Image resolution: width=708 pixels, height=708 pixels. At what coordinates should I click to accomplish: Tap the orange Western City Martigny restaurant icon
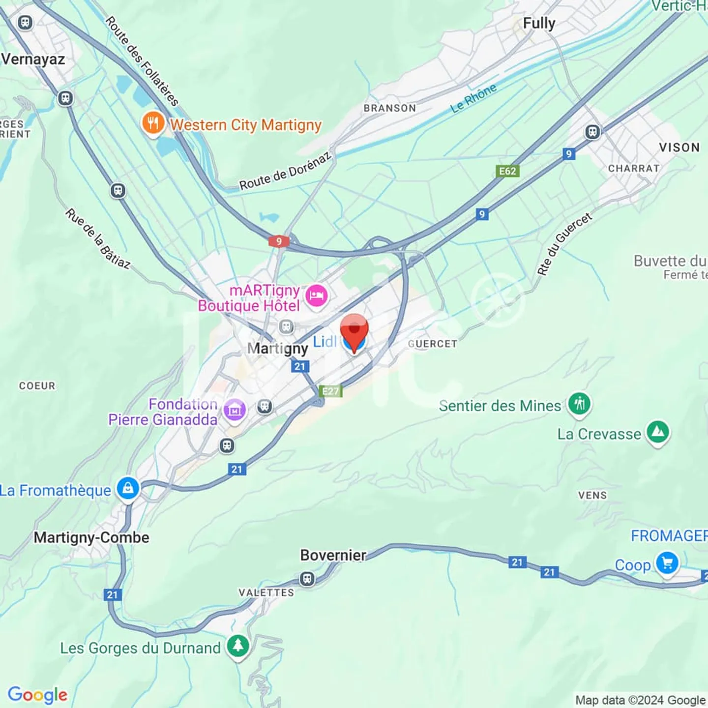pos(153,123)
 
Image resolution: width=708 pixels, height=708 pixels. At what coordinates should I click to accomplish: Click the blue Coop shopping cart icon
pos(667,563)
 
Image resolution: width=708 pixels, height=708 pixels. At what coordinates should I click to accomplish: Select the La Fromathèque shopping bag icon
pos(128,489)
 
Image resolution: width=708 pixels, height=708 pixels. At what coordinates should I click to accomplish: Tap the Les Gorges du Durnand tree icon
pos(238,646)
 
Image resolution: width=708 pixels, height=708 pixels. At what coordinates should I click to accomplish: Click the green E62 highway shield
pos(507,171)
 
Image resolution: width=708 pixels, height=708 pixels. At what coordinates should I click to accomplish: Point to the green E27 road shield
pos(330,391)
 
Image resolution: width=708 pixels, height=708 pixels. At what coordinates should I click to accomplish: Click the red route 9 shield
pos(279,241)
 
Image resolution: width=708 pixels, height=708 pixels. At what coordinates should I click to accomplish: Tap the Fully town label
pos(539,23)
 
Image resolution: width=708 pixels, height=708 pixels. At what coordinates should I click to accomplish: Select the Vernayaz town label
pos(33,59)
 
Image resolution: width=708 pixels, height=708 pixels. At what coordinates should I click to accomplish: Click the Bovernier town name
pos(333,555)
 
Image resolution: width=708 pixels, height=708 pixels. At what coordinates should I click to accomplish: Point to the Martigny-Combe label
pos(91,537)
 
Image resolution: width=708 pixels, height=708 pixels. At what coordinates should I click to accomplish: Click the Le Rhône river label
pos(473,98)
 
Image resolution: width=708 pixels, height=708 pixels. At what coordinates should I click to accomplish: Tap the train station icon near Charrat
pos(592,132)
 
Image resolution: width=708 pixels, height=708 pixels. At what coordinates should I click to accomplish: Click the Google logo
pos(38,695)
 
